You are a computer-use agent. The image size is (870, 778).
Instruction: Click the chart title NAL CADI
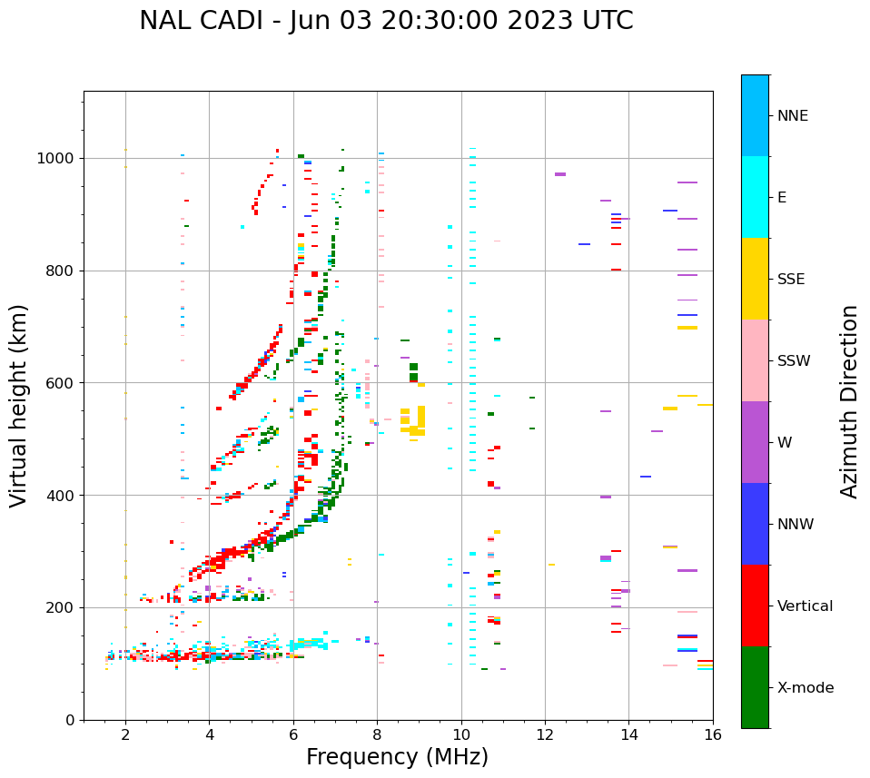[x=386, y=21]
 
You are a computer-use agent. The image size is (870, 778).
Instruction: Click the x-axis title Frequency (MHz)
[x=397, y=757]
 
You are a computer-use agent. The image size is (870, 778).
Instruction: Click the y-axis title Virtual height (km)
[x=19, y=406]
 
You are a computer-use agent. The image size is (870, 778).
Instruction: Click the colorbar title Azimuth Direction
[x=849, y=401]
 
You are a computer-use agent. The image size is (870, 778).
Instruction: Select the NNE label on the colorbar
[x=792, y=116]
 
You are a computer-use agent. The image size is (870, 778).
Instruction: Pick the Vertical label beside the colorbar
[x=805, y=606]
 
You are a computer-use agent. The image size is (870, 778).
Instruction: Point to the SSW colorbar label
[x=794, y=361]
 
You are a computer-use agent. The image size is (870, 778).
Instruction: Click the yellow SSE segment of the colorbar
[x=755, y=279]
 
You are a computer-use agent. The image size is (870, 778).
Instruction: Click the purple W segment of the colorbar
[x=755, y=442]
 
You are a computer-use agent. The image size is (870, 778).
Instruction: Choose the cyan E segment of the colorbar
[x=755, y=197]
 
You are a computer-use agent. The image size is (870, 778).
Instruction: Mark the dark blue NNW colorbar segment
[x=755, y=524]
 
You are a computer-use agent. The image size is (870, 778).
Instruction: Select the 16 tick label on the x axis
[x=713, y=734]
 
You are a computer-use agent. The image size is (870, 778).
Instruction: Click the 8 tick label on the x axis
[x=377, y=734]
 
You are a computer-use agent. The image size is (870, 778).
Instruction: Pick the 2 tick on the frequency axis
[x=125, y=734]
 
